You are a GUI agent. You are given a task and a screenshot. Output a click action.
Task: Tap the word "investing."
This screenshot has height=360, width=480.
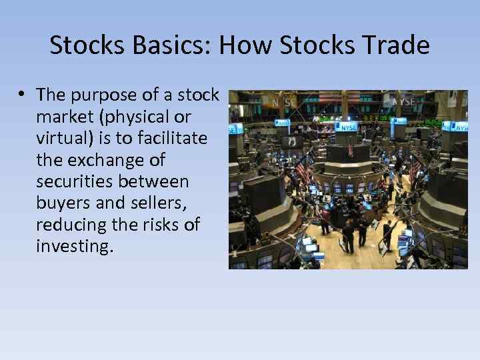click(x=75, y=247)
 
